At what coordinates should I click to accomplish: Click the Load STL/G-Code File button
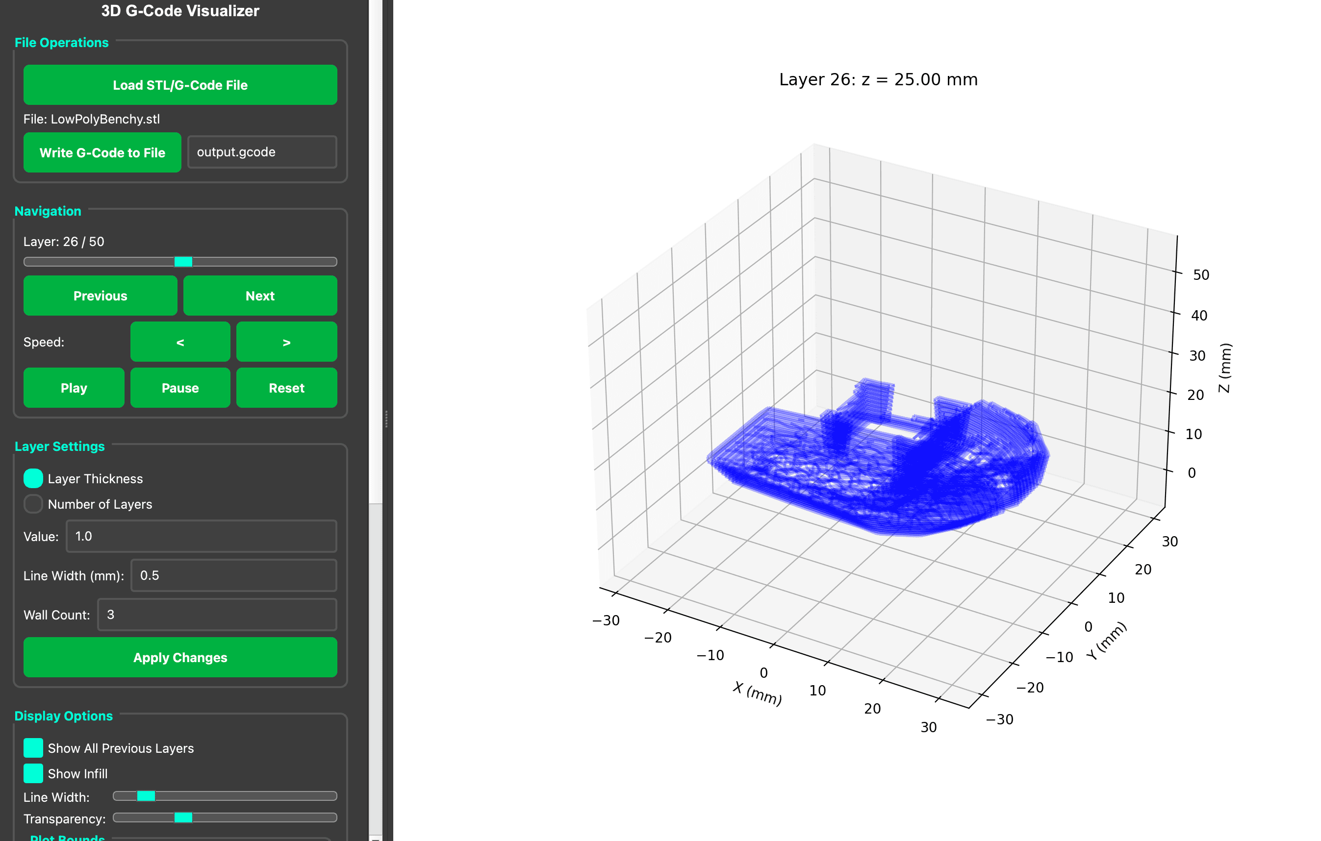click(180, 85)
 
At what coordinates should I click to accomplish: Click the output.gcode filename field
click(262, 152)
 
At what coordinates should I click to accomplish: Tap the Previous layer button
click(100, 296)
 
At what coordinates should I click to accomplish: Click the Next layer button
click(259, 296)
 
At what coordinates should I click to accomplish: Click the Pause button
click(180, 388)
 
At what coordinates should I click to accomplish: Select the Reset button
click(286, 388)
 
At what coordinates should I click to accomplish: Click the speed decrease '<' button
click(180, 342)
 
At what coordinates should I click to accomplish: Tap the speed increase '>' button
click(286, 342)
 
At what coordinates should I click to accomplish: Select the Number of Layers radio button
click(33, 504)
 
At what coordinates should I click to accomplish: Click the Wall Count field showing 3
click(217, 615)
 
